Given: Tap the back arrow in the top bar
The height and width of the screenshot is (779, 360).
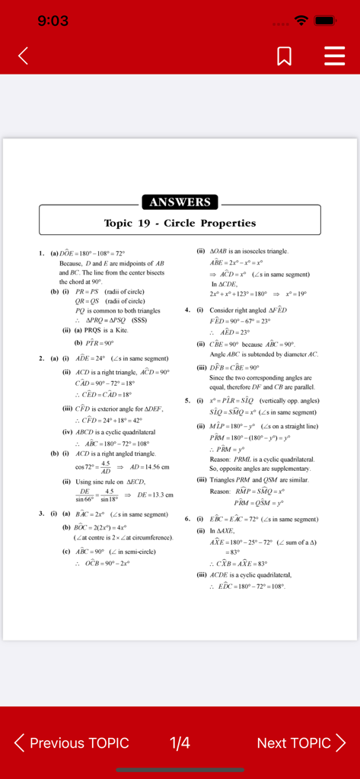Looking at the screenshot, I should tap(24, 56).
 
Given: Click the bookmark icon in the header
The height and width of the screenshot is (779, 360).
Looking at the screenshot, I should tap(286, 56).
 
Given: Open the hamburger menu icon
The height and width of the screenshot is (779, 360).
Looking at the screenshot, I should tap(334, 56).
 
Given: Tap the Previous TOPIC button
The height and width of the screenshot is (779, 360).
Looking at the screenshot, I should tap(72, 742).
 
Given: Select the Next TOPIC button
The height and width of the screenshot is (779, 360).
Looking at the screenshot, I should tap(301, 742).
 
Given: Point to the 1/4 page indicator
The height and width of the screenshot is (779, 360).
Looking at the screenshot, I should tap(180, 742).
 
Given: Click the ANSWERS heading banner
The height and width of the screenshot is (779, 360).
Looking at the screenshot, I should tap(180, 202).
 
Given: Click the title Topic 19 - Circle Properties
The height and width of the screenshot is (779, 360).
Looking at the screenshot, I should tap(180, 223).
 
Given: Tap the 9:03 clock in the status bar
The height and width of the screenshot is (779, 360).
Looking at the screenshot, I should tap(53, 21).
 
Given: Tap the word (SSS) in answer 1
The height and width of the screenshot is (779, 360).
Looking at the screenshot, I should tap(139, 320).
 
